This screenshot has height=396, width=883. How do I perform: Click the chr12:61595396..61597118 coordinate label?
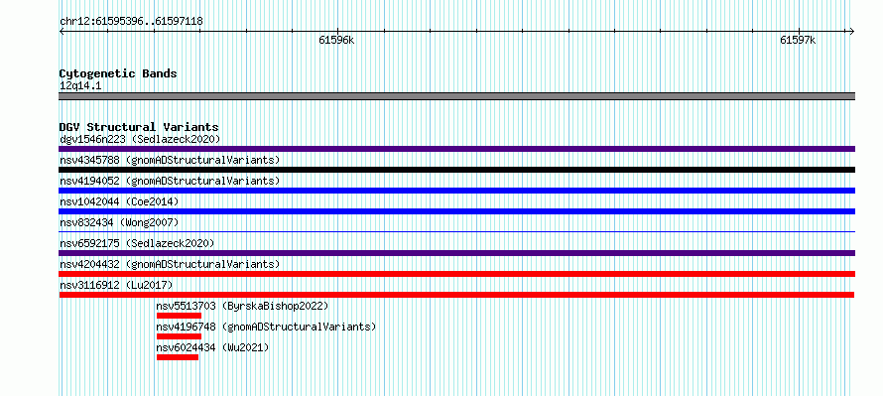[x=131, y=22]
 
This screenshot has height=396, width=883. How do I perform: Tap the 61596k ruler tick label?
[x=336, y=40]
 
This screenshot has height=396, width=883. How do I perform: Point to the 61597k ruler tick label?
[x=798, y=40]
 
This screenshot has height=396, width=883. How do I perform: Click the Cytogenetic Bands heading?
[x=118, y=73]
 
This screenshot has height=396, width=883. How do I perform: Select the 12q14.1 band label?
[x=80, y=86]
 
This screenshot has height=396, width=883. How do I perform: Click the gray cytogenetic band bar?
[x=456, y=96]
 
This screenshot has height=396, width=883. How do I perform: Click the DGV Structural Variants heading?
[x=139, y=127]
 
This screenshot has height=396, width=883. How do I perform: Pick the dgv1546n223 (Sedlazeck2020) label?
[x=140, y=139]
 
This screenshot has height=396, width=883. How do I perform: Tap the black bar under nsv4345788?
[x=456, y=170]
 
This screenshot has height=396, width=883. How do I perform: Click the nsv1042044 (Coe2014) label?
[x=119, y=201]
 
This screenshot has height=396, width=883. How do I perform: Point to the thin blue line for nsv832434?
[x=456, y=231]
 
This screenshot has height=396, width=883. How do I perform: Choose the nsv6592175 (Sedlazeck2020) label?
[x=137, y=243]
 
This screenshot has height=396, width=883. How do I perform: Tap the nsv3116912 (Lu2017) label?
[x=116, y=285]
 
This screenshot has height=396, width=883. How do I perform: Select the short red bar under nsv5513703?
[x=179, y=316]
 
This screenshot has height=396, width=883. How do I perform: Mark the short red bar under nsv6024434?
[x=178, y=357]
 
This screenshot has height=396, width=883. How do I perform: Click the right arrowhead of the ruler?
[x=852, y=31]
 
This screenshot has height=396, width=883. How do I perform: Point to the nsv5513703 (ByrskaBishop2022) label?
[x=242, y=306]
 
